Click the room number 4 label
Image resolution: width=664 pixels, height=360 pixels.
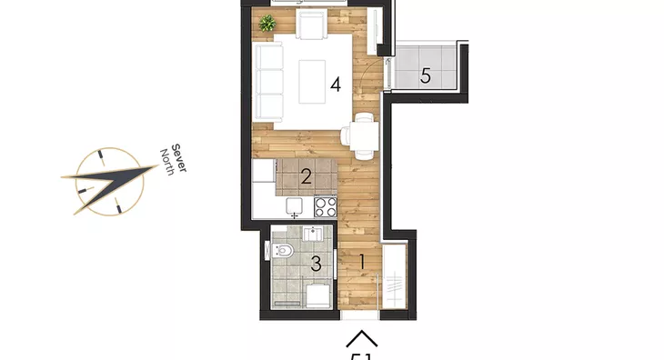(x=336, y=85)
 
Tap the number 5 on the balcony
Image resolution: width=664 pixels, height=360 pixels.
(x=425, y=76)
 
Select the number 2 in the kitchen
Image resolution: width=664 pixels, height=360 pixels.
(x=307, y=176)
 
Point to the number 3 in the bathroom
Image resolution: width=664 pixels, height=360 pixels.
(x=316, y=265)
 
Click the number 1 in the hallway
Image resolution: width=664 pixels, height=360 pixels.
(x=361, y=262)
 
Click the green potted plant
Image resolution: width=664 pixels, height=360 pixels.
(x=267, y=24)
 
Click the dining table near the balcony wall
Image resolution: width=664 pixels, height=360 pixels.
(x=363, y=135)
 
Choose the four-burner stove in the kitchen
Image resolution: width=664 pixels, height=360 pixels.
(x=325, y=207)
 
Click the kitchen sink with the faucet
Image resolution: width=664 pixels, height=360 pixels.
(x=294, y=206)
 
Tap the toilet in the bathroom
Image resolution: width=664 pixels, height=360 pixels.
(x=283, y=252)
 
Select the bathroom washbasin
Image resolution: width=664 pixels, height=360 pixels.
(x=313, y=235)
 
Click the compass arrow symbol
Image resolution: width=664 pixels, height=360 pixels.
(x=109, y=181)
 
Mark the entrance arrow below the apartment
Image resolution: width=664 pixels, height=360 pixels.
(x=362, y=339)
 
